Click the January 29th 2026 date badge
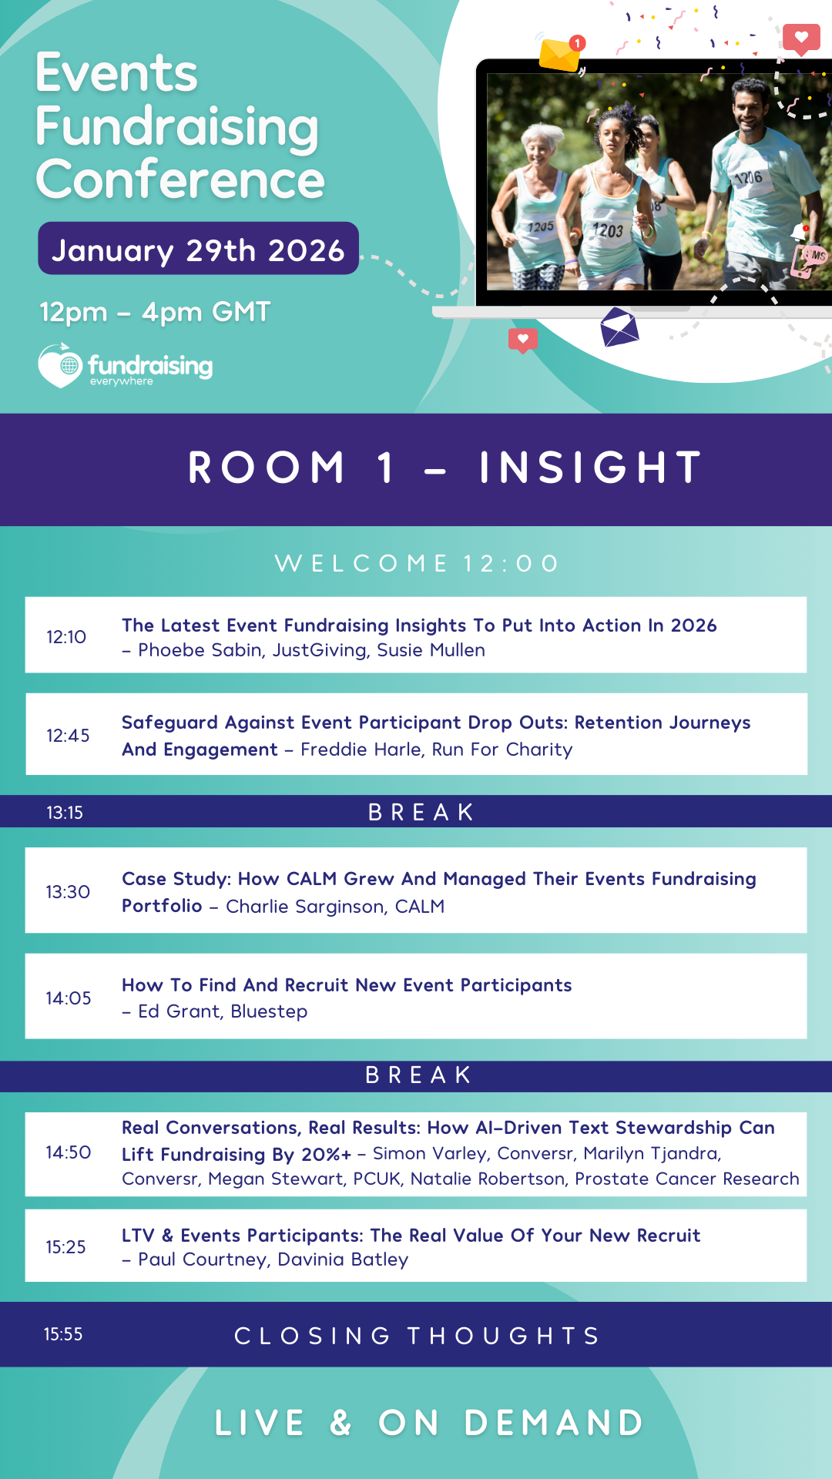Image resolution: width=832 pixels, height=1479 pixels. point(198,248)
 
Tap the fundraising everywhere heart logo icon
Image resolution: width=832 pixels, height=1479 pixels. point(60,366)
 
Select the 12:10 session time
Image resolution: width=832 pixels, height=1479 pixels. point(66,637)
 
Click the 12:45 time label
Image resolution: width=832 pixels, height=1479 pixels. point(68,736)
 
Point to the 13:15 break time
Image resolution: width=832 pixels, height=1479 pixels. point(65,813)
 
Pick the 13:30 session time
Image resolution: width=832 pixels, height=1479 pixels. point(68,892)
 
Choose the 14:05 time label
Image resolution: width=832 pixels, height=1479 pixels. point(69,998)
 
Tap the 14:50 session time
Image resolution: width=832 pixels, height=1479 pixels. point(69,1152)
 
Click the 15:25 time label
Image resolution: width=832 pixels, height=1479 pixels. point(65,1247)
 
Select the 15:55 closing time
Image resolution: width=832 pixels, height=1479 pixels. point(63,1334)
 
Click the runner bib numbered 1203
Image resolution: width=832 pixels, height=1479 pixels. point(608,230)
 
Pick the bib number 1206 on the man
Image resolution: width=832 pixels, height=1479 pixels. point(748,178)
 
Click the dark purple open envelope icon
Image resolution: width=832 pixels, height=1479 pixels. point(619,327)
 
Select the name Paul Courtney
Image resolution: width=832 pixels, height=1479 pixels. point(203,1259)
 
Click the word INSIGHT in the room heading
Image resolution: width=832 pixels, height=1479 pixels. point(591,468)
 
